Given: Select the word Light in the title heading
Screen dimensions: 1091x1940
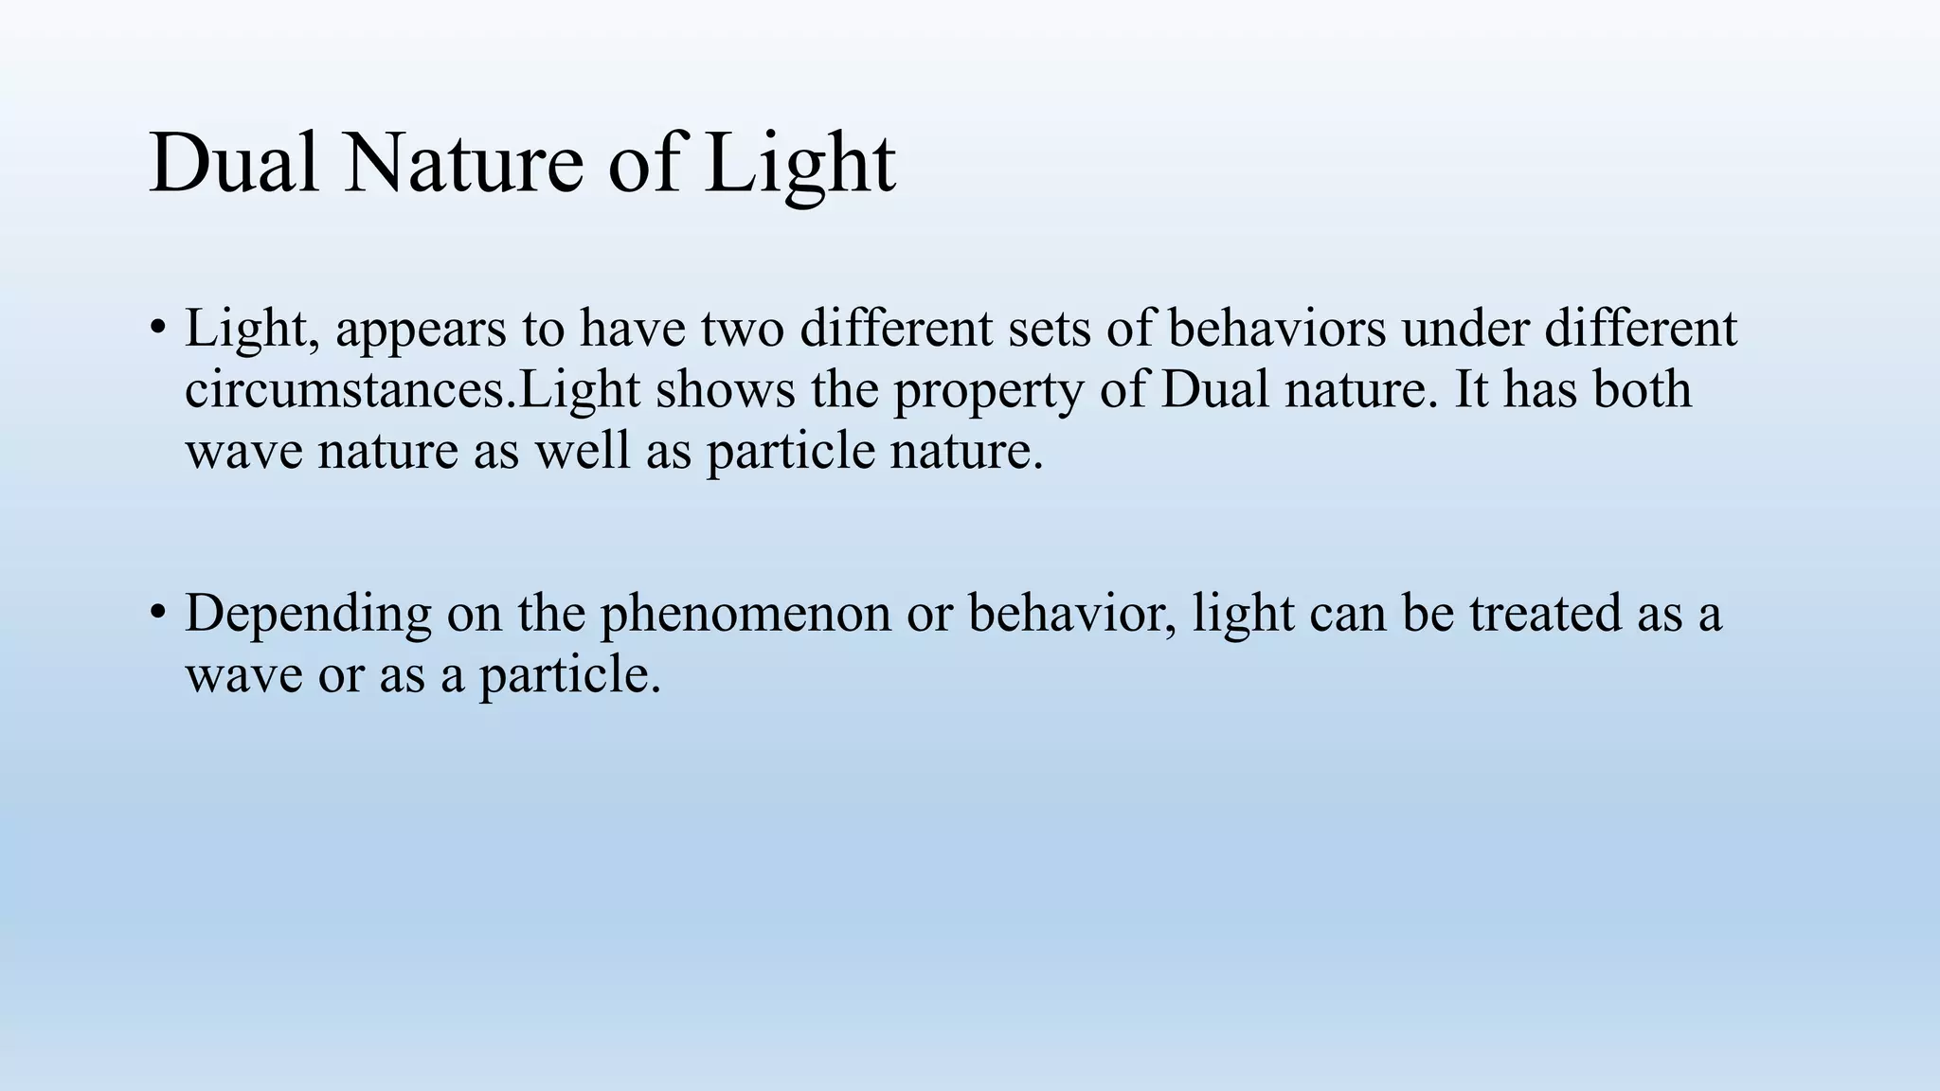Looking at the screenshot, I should pyautogui.click(x=799, y=163).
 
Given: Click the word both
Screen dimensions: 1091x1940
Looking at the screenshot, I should pyautogui.click(x=1642, y=389).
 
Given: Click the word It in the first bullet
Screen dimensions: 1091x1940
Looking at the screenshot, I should pyautogui.click(x=1471, y=389).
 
